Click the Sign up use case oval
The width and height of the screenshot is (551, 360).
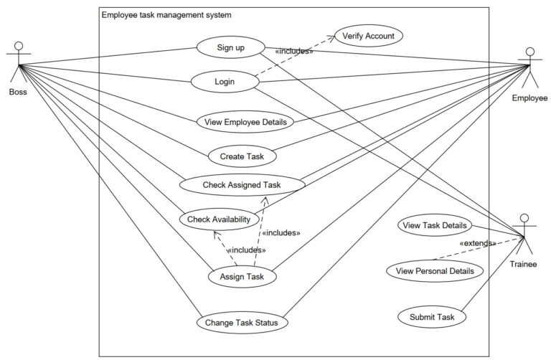point(230,47)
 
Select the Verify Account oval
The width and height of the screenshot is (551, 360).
point(368,36)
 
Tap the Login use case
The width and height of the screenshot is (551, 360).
point(225,82)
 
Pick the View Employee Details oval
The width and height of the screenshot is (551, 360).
point(245,122)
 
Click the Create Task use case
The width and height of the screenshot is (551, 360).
point(242,156)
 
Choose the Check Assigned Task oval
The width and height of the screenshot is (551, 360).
point(242,185)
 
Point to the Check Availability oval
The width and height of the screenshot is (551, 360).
point(220,219)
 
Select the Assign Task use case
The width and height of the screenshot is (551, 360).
point(242,276)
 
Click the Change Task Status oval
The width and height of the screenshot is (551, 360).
point(242,323)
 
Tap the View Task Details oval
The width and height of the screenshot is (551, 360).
point(435,225)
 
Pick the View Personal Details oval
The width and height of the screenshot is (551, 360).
point(435,271)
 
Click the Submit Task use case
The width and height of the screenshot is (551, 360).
point(432,317)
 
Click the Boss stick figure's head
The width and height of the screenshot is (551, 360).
point(19,46)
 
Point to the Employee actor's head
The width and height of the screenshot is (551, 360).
point(530,52)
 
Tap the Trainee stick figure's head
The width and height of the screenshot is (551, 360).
point(524,218)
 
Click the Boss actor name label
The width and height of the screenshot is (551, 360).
point(18,92)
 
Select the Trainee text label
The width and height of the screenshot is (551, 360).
point(523,264)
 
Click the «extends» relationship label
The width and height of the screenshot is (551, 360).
point(478,243)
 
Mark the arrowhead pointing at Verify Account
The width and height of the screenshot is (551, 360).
point(331,37)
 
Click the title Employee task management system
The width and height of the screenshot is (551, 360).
point(166,15)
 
